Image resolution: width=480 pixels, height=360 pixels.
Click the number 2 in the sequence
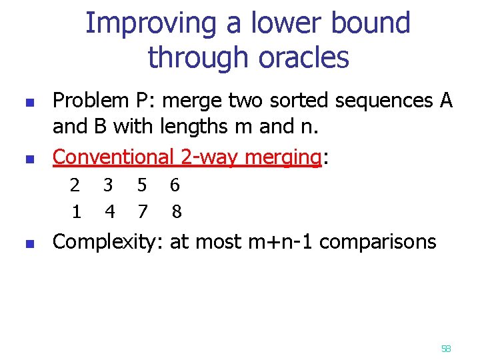point(75,185)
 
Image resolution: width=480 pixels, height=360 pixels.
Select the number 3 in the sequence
point(109,185)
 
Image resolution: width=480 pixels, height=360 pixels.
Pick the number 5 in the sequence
point(142,185)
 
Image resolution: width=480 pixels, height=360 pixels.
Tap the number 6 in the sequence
point(175,185)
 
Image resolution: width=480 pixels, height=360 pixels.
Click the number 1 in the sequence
point(77,212)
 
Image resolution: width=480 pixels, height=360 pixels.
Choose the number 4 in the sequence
point(110,212)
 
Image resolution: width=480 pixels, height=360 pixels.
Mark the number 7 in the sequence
point(142,212)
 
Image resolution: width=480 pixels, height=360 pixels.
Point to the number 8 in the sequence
point(176,212)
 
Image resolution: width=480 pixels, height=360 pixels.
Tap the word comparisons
point(378,242)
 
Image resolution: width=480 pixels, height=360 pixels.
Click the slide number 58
point(446,349)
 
